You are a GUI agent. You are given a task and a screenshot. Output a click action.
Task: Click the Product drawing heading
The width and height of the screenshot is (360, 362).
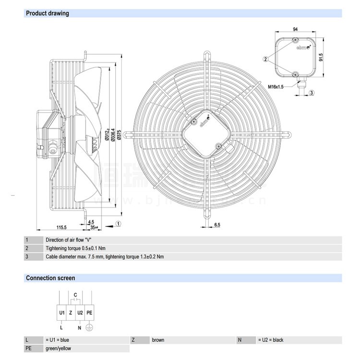click(47, 13)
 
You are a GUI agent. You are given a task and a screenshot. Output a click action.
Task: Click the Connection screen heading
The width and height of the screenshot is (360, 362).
click(50, 278)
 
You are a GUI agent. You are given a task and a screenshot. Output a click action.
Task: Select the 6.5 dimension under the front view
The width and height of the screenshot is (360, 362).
click(217, 225)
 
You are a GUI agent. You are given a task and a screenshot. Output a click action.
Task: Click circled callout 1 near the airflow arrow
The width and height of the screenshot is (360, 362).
click(118, 223)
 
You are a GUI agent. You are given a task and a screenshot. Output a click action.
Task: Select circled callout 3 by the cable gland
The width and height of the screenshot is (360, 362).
click(312, 93)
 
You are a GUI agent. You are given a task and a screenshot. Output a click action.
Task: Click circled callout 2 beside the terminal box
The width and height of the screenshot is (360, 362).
click(265, 59)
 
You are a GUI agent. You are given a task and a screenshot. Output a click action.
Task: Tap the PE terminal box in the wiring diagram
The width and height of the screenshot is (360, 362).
click(89, 313)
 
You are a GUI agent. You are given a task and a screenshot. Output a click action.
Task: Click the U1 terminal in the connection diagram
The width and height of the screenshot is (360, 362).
click(62, 313)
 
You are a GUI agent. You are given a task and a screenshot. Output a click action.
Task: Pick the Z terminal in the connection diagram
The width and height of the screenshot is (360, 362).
click(71, 313)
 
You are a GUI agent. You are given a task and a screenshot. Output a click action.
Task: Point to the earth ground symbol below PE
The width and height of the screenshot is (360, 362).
click(88, 328)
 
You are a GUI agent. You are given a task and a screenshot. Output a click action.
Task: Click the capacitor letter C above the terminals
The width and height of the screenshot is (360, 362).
click(75, 294)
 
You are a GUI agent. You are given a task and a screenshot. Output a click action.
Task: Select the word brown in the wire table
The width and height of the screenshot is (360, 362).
click(158, 340)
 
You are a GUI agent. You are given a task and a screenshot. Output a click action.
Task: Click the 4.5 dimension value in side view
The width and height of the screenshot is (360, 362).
click(91, 222)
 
